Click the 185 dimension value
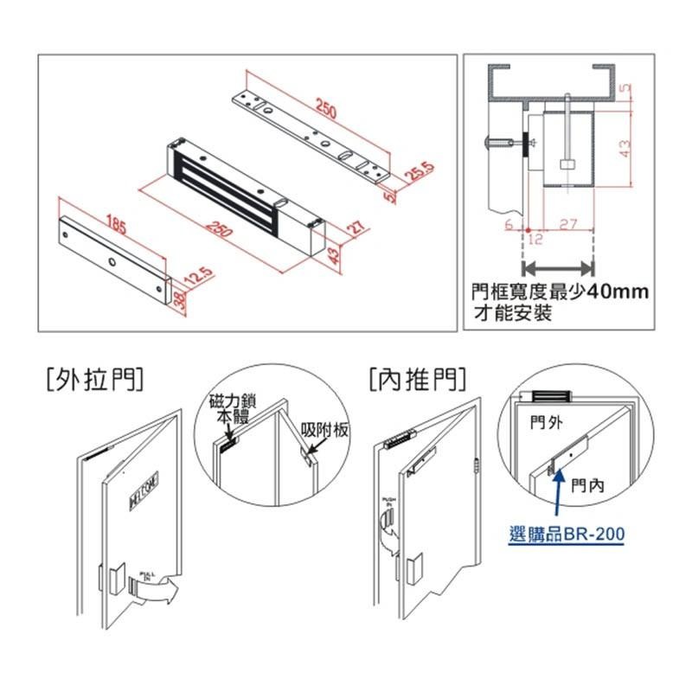(x=116, y=228)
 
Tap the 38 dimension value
(x=178, y=301)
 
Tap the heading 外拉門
(x=92, y=378)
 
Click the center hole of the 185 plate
(x=112, y=262)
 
